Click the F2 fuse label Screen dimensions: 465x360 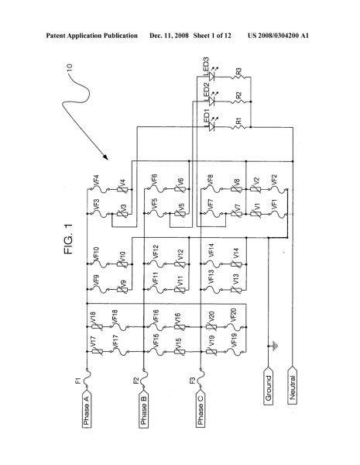click(135, 381)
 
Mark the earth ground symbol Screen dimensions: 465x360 click(272, 345)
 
